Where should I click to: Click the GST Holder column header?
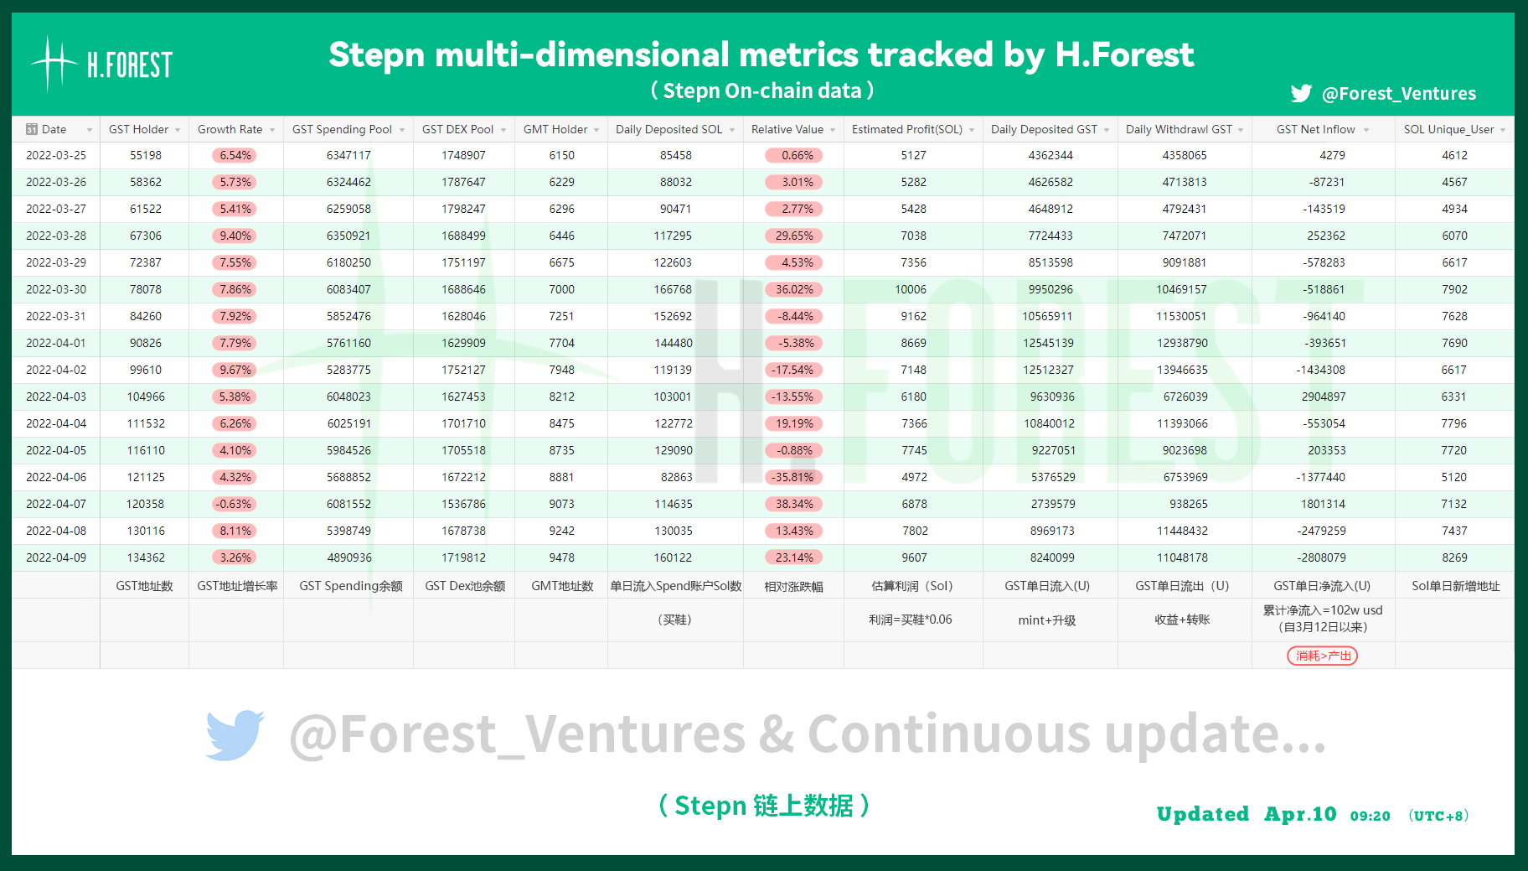[138, 129]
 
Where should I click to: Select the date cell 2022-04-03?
[56, 397]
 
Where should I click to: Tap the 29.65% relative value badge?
[794, 236]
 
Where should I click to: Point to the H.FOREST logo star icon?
[54, 63]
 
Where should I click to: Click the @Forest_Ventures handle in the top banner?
[1399, 93]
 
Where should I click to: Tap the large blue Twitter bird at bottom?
[235, 735]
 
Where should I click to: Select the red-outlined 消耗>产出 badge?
[1323, 656]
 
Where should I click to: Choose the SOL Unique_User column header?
[1448, 129]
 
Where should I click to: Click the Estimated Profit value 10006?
[911, 289]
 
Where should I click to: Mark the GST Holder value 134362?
[146, 557]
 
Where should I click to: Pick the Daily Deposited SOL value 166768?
[673, 289]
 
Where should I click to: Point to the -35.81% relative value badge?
[794, 477]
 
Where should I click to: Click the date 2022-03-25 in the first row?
[56, 155]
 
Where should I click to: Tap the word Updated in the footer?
[1203, 814]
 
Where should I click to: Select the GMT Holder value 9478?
[562, 557]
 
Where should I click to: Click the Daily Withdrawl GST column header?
[1179, 129]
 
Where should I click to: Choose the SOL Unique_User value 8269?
[1454, 557]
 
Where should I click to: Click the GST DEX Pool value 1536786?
[463, 504]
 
